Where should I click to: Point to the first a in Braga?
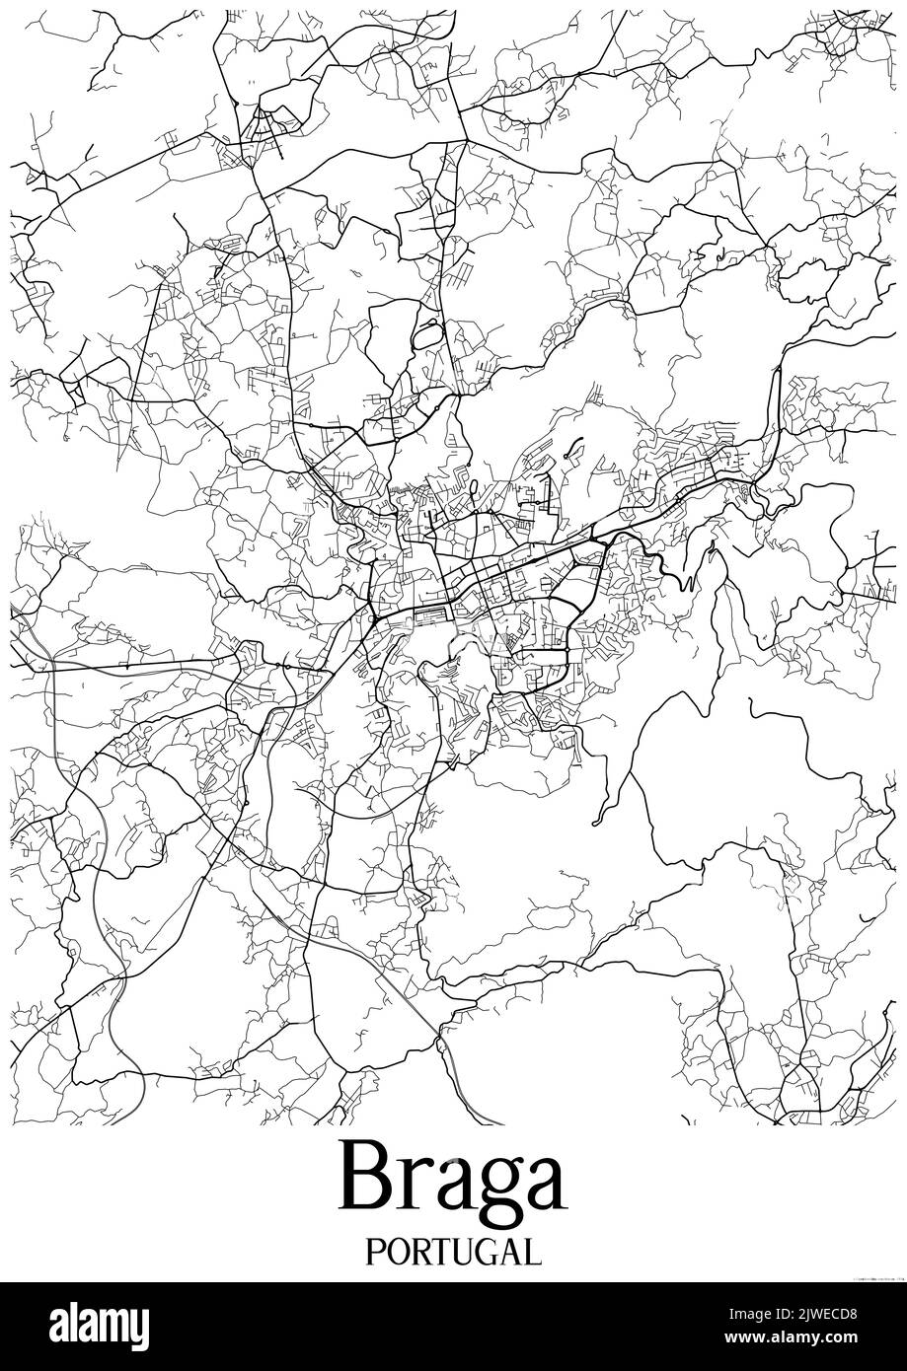pyautogui.click(x=444, y=1186)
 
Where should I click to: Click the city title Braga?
pyautogui.click(x=453, y=1180)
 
